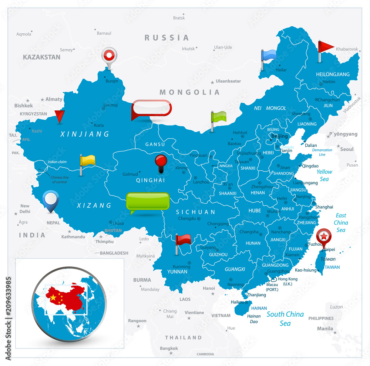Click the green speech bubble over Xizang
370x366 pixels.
point(148,201)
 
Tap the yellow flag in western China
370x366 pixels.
point(88,160)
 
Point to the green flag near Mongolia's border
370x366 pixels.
point(219,117)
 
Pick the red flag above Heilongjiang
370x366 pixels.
point(326,47)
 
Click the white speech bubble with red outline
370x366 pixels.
point(152,108)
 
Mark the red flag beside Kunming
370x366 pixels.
point(183,240)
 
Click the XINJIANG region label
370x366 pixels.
point(85,134)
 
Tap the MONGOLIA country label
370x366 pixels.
point(189,92)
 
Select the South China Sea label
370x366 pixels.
point(285,319)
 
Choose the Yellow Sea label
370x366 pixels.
point(324,175)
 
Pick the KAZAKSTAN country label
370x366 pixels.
point(41,57)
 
